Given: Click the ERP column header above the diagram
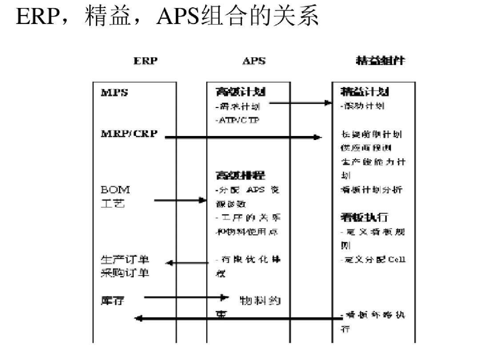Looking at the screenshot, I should (145, 61).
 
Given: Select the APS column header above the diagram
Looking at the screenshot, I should (254, 61).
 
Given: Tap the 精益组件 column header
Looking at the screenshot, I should (381, 61).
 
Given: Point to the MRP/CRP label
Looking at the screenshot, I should (129, 134).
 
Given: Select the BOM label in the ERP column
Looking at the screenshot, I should (115, 189).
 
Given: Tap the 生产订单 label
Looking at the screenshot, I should (125, 260).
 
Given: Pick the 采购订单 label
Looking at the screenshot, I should (125, 272).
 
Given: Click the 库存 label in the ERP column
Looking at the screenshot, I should (112, 301).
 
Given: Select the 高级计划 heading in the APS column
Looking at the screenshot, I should (240, 92).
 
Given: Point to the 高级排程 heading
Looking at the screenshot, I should (240, 175).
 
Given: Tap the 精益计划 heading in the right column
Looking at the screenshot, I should (364, 92).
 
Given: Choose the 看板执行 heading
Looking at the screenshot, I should (364, 217).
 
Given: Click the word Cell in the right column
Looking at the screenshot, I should (396, 260).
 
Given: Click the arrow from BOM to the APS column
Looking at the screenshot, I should (180, 200).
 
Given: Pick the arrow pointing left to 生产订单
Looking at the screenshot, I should (187, 263).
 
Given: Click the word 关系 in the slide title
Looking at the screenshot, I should (299, 17).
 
